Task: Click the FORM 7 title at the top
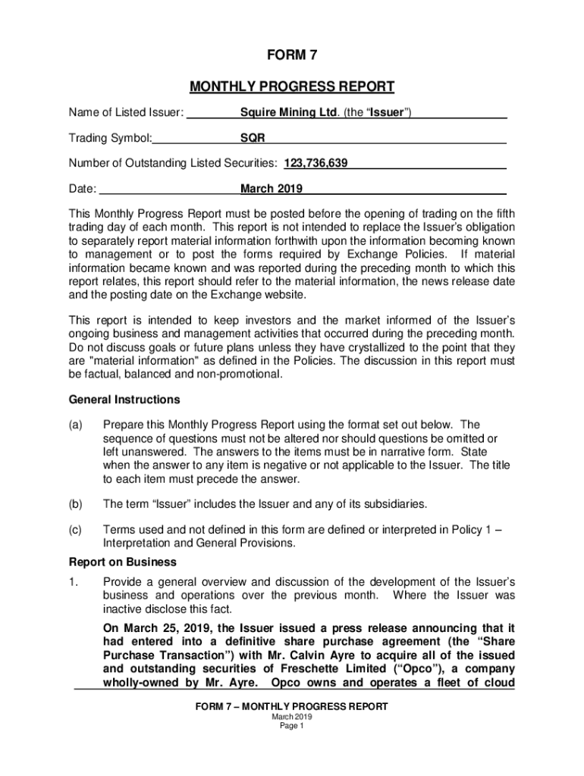click(292, 55)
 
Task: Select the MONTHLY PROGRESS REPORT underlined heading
click(292, 86)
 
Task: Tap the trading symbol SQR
click(253, 139)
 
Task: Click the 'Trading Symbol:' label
click(111, 139)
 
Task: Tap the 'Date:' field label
click(83, 189)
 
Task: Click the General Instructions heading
click(124, 399)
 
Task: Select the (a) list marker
click(76, 425)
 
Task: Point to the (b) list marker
click(76, 504)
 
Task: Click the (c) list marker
click(76, 530)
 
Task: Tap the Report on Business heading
click(123, 562)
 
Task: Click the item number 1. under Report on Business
click(74, 582)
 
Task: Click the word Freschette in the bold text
click(297, 669)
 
